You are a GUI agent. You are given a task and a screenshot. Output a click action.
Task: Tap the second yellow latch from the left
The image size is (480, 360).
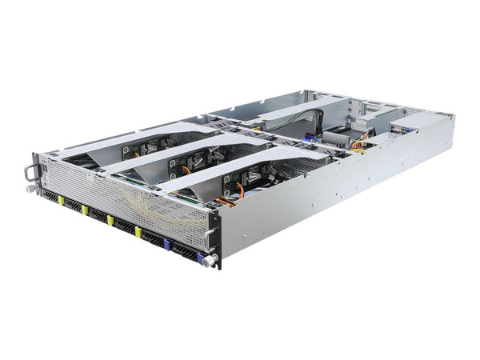pyautogui.click(x=84, y=210)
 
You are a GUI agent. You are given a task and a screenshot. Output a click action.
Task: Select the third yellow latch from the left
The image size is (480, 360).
pyautogui.click(x=110, y=220)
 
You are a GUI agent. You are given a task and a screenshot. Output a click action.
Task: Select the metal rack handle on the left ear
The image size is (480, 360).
pyautogui.click(x=30, y=171)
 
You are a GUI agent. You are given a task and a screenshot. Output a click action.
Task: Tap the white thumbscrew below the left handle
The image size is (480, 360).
pyautogui.click(x=30, y=188)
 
